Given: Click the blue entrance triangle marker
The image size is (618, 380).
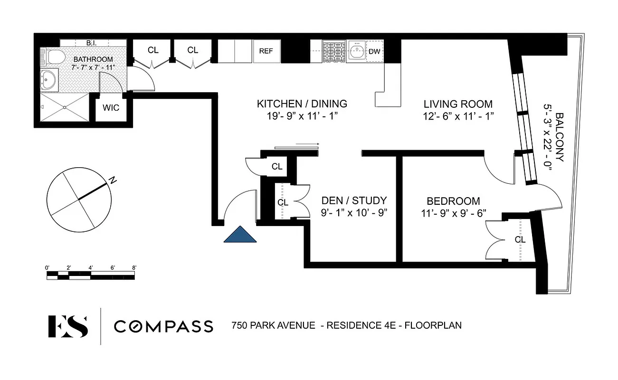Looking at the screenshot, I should coord(240,235).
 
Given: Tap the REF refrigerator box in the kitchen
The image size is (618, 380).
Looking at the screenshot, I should coord(266,51).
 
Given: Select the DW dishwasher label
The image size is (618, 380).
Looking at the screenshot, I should coord(374,51).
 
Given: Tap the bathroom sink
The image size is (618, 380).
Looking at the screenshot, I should coord(48,79).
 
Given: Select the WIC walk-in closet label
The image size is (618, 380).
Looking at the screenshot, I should coord(111,108).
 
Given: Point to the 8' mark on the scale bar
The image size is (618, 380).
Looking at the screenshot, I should coord(134,268).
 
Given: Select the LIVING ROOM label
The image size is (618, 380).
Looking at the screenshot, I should coord(458,104).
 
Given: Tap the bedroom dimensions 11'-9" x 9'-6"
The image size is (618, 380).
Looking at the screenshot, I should coord(453,213).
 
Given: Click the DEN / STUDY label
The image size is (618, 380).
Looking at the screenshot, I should coord(354,200).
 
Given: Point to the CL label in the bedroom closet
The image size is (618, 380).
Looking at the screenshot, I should coord(520,240).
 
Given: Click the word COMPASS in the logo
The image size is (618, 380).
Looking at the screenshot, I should coord(163,326).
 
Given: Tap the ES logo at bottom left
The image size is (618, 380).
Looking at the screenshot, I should coord(68,326).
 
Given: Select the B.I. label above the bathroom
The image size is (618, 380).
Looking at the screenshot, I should coord(92,43).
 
